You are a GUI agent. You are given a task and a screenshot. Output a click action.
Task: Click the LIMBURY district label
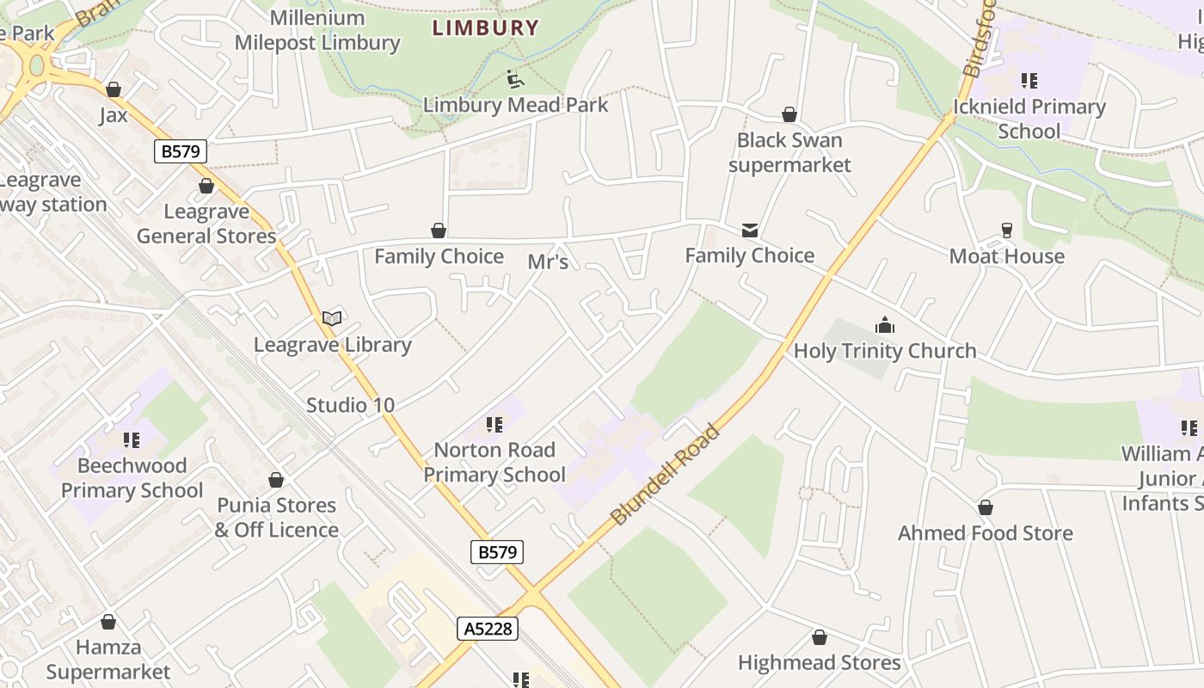(485, 28)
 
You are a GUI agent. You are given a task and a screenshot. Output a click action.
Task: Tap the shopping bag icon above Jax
(114, 89)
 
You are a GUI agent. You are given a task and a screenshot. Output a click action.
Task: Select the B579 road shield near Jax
(181, 151)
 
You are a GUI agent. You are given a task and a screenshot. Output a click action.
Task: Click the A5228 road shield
(488, 629)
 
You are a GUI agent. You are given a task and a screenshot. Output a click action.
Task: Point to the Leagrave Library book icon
(332, 318)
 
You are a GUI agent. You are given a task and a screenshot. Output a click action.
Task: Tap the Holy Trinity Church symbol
(884, 325)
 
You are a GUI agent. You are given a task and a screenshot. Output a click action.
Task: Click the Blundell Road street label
(664, 474)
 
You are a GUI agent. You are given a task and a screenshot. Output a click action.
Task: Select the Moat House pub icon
(1006, 230)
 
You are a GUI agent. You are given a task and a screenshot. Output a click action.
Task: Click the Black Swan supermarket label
(789, 152)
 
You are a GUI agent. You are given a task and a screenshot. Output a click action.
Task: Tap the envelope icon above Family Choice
(749, 230)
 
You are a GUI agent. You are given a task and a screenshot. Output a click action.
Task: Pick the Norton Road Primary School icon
(494, 424)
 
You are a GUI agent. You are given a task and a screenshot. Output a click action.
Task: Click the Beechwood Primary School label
(132, 478)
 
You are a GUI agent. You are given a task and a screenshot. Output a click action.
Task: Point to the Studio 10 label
(350, 405)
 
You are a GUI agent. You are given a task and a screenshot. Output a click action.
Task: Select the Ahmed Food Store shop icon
(986, 507)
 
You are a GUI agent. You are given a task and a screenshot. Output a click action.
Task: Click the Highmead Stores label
(819, 662)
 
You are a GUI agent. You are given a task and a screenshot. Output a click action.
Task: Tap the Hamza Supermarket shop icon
(108, 621)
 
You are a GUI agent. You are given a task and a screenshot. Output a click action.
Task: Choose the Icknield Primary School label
(1029, 119)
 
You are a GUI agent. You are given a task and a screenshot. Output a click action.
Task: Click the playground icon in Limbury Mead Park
(513, 79)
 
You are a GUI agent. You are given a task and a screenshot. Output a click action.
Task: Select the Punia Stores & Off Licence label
(276, 517)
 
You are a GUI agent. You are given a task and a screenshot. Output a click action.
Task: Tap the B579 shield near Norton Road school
(497, 552)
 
